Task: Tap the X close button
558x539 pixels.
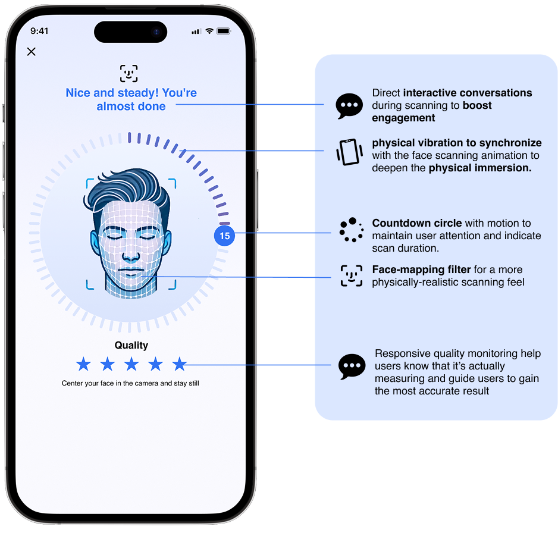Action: pyautogui.click(x=32, y=52)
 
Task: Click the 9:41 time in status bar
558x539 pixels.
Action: pyautogui.click(x=39, y=31)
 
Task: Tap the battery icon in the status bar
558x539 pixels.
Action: pyautogui.click(x=224, y=31)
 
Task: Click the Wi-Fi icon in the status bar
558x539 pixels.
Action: pyautogui.click(x=209, y=31)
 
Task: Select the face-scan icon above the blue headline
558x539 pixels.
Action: pyautogui.click(x=128, y=74)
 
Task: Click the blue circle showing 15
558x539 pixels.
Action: pyautogui.click(x=224, y=236)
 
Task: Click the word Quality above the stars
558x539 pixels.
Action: pyautogui.click(x=131, y=345)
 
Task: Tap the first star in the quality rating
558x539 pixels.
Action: pyautogui.click(x=83, y=363)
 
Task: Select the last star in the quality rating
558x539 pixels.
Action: pyautogui.click(x=179, y=363)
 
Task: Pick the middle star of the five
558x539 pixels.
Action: pyautogui.click(x=131, y=363)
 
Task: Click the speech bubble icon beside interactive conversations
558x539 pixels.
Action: pyautogui.click(x=349, y=106)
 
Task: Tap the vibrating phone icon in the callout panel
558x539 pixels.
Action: pyautogui.click(x=349, y=152)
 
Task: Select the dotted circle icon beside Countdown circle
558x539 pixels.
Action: pyautogui.click(x=351, y=230)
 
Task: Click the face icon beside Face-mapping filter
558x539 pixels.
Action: pyautogui.click(x=351, y=276)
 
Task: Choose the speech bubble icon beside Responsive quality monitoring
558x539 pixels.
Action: pyautogui.click(x=352, y=366)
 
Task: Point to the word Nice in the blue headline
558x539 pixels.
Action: pyautogui.click(x=77, y=93)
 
